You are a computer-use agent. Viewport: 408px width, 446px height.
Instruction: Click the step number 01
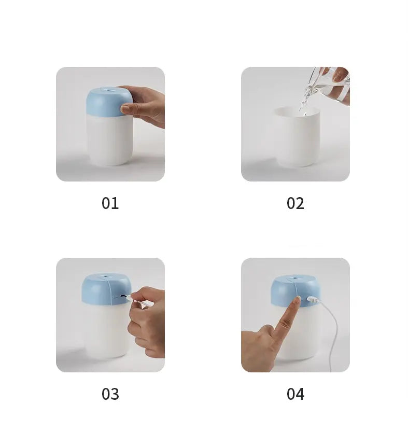coord(110,203)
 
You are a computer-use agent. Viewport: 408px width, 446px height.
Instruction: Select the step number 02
coord(295,203)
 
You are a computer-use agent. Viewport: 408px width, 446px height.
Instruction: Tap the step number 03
coord(110,394)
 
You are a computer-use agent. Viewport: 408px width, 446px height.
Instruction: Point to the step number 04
coord(295,394)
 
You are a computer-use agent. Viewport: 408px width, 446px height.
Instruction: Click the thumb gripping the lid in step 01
coord(126,109)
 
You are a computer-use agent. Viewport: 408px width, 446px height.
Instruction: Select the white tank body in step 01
coord(109,140)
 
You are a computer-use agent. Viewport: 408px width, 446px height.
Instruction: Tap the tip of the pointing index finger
coord(297,299)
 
